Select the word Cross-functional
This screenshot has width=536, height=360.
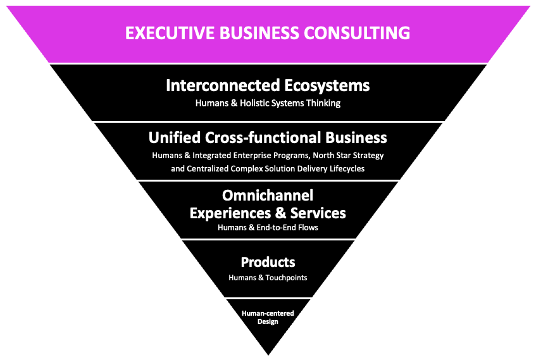pos(265,137)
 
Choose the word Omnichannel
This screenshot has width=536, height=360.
pos(268,196)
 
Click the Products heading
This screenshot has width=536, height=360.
pos(268,263)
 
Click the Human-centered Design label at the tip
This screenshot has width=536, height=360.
pos(268,317)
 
